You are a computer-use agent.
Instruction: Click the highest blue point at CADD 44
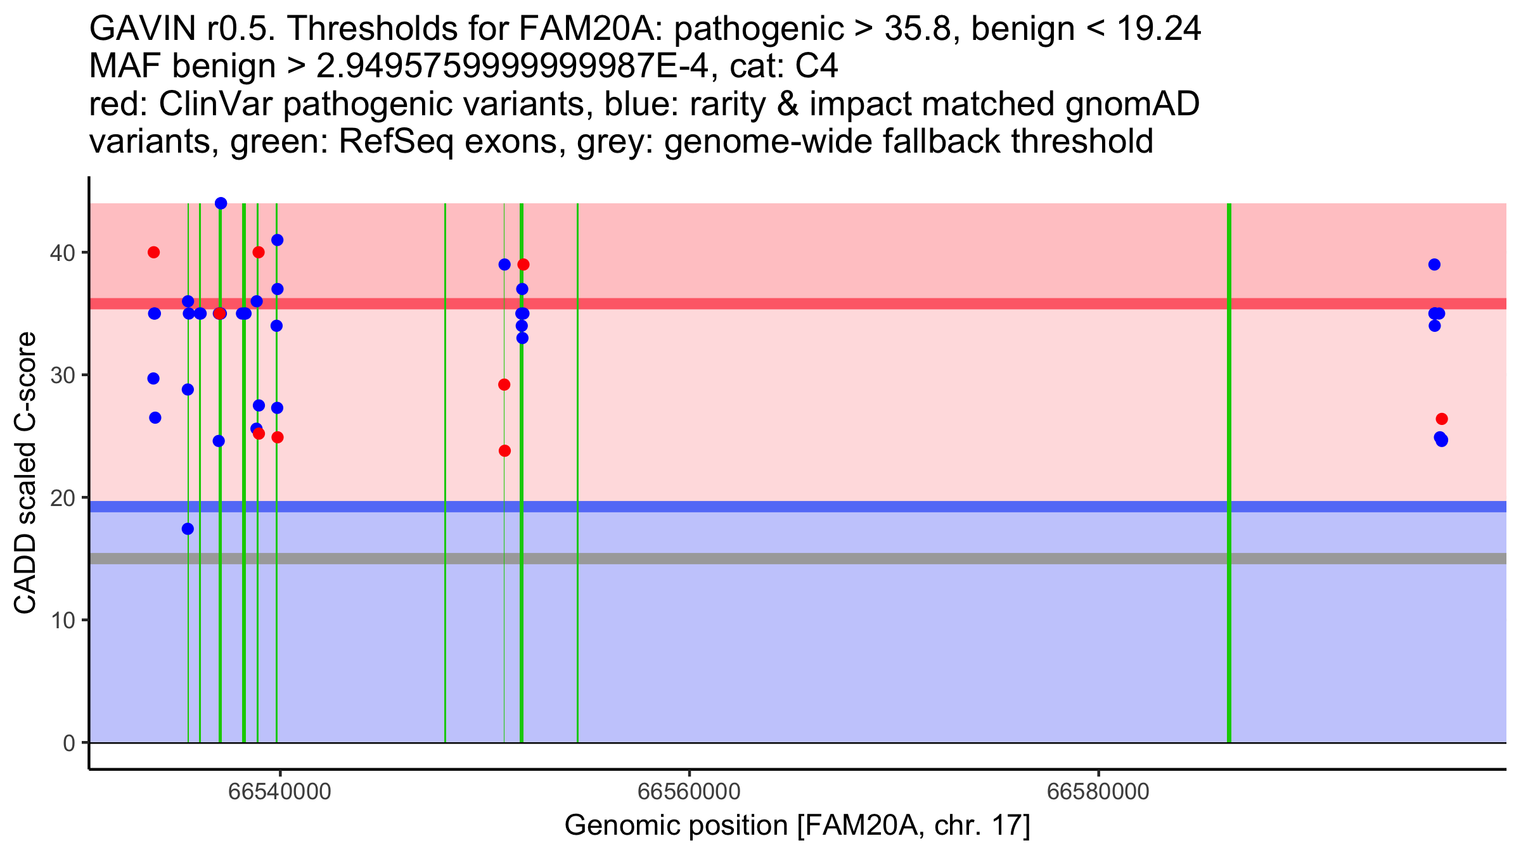221,203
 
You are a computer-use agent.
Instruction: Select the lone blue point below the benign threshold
188,529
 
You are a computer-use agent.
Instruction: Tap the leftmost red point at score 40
153,253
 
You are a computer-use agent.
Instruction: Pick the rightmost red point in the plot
1442,419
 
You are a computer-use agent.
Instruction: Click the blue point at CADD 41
277,240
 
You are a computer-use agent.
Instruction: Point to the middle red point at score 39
523,265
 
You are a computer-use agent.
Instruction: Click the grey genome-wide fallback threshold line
798,559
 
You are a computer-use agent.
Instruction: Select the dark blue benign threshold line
798,507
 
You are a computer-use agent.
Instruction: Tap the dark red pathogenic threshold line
798,303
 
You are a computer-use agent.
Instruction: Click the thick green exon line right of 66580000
1229,472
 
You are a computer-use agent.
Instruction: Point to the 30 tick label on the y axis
62,376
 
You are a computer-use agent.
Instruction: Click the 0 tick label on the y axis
68,743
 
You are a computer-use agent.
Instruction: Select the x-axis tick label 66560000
689,792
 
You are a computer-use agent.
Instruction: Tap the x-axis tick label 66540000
280,792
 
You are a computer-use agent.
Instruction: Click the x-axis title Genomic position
797,826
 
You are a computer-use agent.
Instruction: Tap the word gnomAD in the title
1132,104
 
